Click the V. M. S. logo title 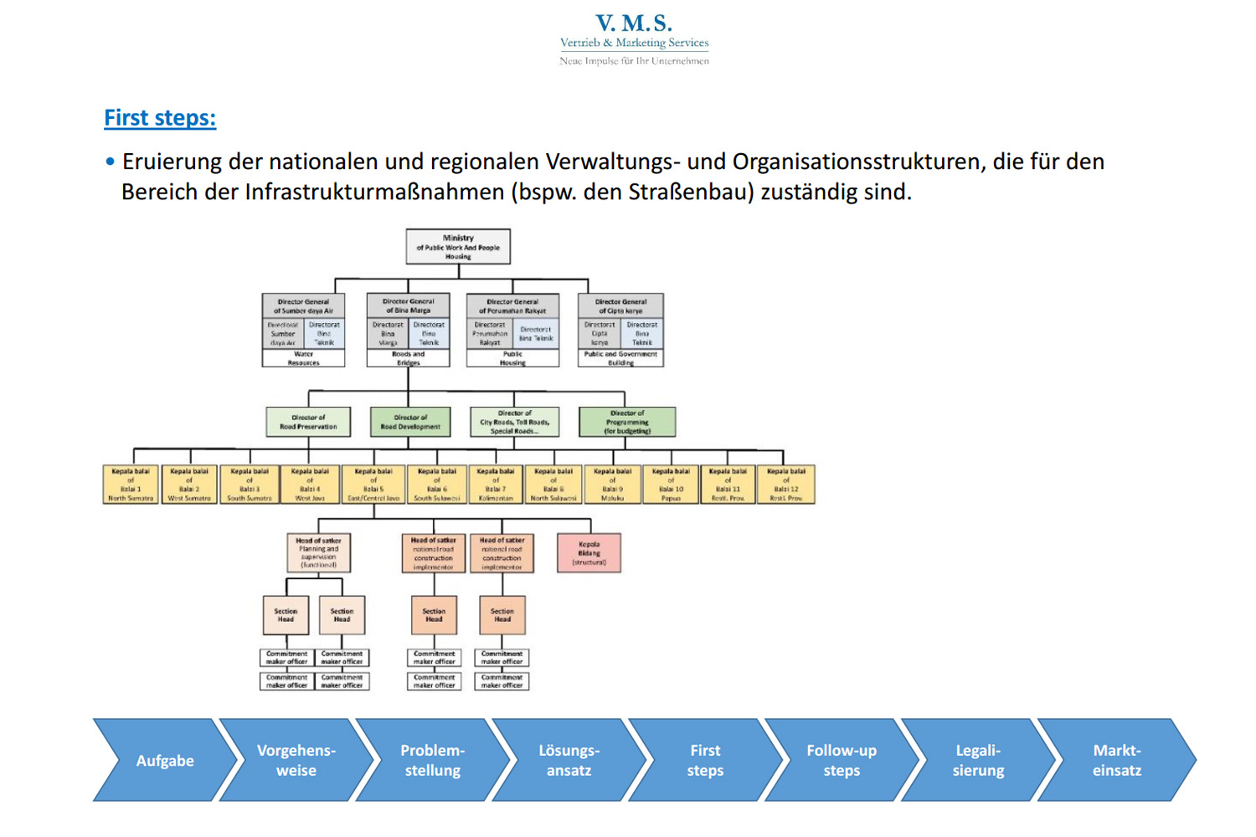634,23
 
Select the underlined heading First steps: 160,118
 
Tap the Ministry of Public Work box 458,247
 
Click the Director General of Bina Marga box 409,306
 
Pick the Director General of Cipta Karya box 620,306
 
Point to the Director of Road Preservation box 308,422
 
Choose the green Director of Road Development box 410,422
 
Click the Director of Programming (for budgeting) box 627,422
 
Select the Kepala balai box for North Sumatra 131,485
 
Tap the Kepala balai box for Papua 671,485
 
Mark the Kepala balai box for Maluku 612,485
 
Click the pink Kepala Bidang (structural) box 589,553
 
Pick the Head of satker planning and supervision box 318,553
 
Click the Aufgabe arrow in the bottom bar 165,761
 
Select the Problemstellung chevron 432,761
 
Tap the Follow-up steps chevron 842,761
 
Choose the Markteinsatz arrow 1116,761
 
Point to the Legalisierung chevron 977,761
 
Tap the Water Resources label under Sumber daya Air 303,358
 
